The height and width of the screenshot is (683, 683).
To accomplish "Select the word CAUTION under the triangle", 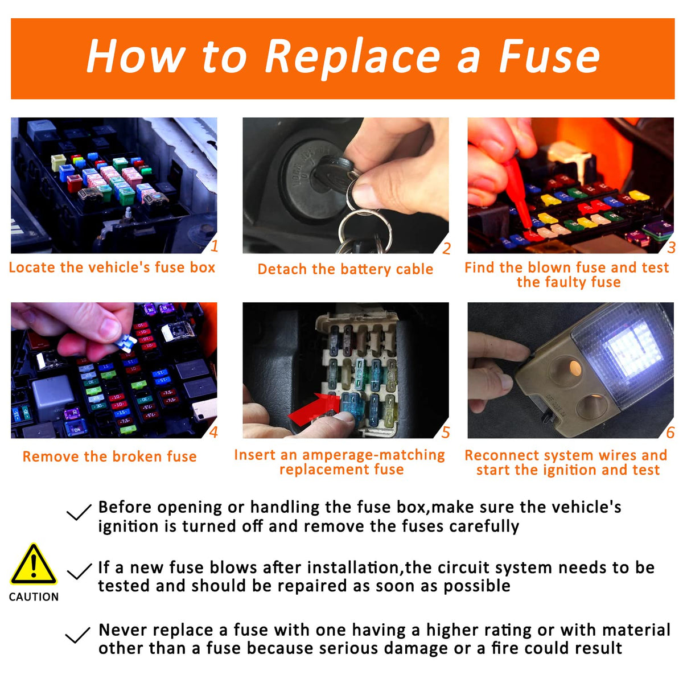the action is click(x=34, y=597).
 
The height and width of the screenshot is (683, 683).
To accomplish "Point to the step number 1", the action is click(x=214, y=246).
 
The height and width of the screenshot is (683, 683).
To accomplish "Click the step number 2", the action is click(x=446, y=249).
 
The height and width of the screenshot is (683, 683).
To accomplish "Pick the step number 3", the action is click(x=671, y=248).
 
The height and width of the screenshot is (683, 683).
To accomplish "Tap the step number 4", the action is click(x=213, y=431).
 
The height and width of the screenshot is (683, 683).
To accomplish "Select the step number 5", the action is click(x=446, y=433).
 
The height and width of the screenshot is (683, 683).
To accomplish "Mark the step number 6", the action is click(x=670, y=433).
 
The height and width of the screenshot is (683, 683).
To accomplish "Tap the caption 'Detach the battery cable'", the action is click(x=345, y=269).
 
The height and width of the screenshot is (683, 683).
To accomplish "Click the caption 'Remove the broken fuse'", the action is click(x=109, y=456).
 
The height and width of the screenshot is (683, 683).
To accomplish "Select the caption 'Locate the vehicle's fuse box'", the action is click(x=112, y=268).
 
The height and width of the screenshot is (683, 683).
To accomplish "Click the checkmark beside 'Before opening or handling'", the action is click(x=79, y=512).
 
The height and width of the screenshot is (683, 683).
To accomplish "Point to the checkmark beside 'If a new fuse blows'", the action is click(x=79, y=571).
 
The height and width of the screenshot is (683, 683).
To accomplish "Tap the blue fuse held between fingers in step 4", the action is click(x=125, y=343).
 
